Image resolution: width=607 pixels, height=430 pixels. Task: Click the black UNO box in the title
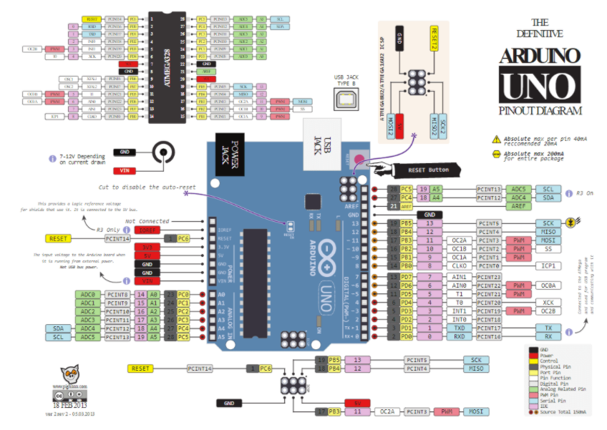coord(539,85)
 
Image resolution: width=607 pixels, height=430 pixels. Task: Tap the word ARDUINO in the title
coord(539,56)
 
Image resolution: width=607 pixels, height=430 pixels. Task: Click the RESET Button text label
coord(429,170)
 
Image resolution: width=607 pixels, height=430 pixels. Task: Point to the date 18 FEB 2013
coord(69,405)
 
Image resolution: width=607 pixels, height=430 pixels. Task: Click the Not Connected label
coord(148,221)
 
